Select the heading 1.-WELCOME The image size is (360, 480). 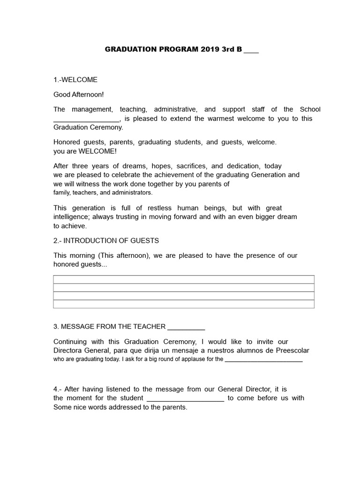pyautogui.click(x=75, y=80)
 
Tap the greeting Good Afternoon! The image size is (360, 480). pyautogui.click(x=78, y=94)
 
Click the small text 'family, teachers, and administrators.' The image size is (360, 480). pyautogui.click(x=103, y=193)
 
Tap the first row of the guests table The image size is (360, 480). pyautogui.click(x=184, y=279)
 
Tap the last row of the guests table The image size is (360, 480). pyautogui.click(x=184, y=304)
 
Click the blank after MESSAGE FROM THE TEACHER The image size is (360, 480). pyautogui.click(x=186, y=327)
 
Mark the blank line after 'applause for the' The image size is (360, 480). pyautogui.click(x=263, y=360)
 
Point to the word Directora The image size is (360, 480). pyautogui.click(x=69, y=351)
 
